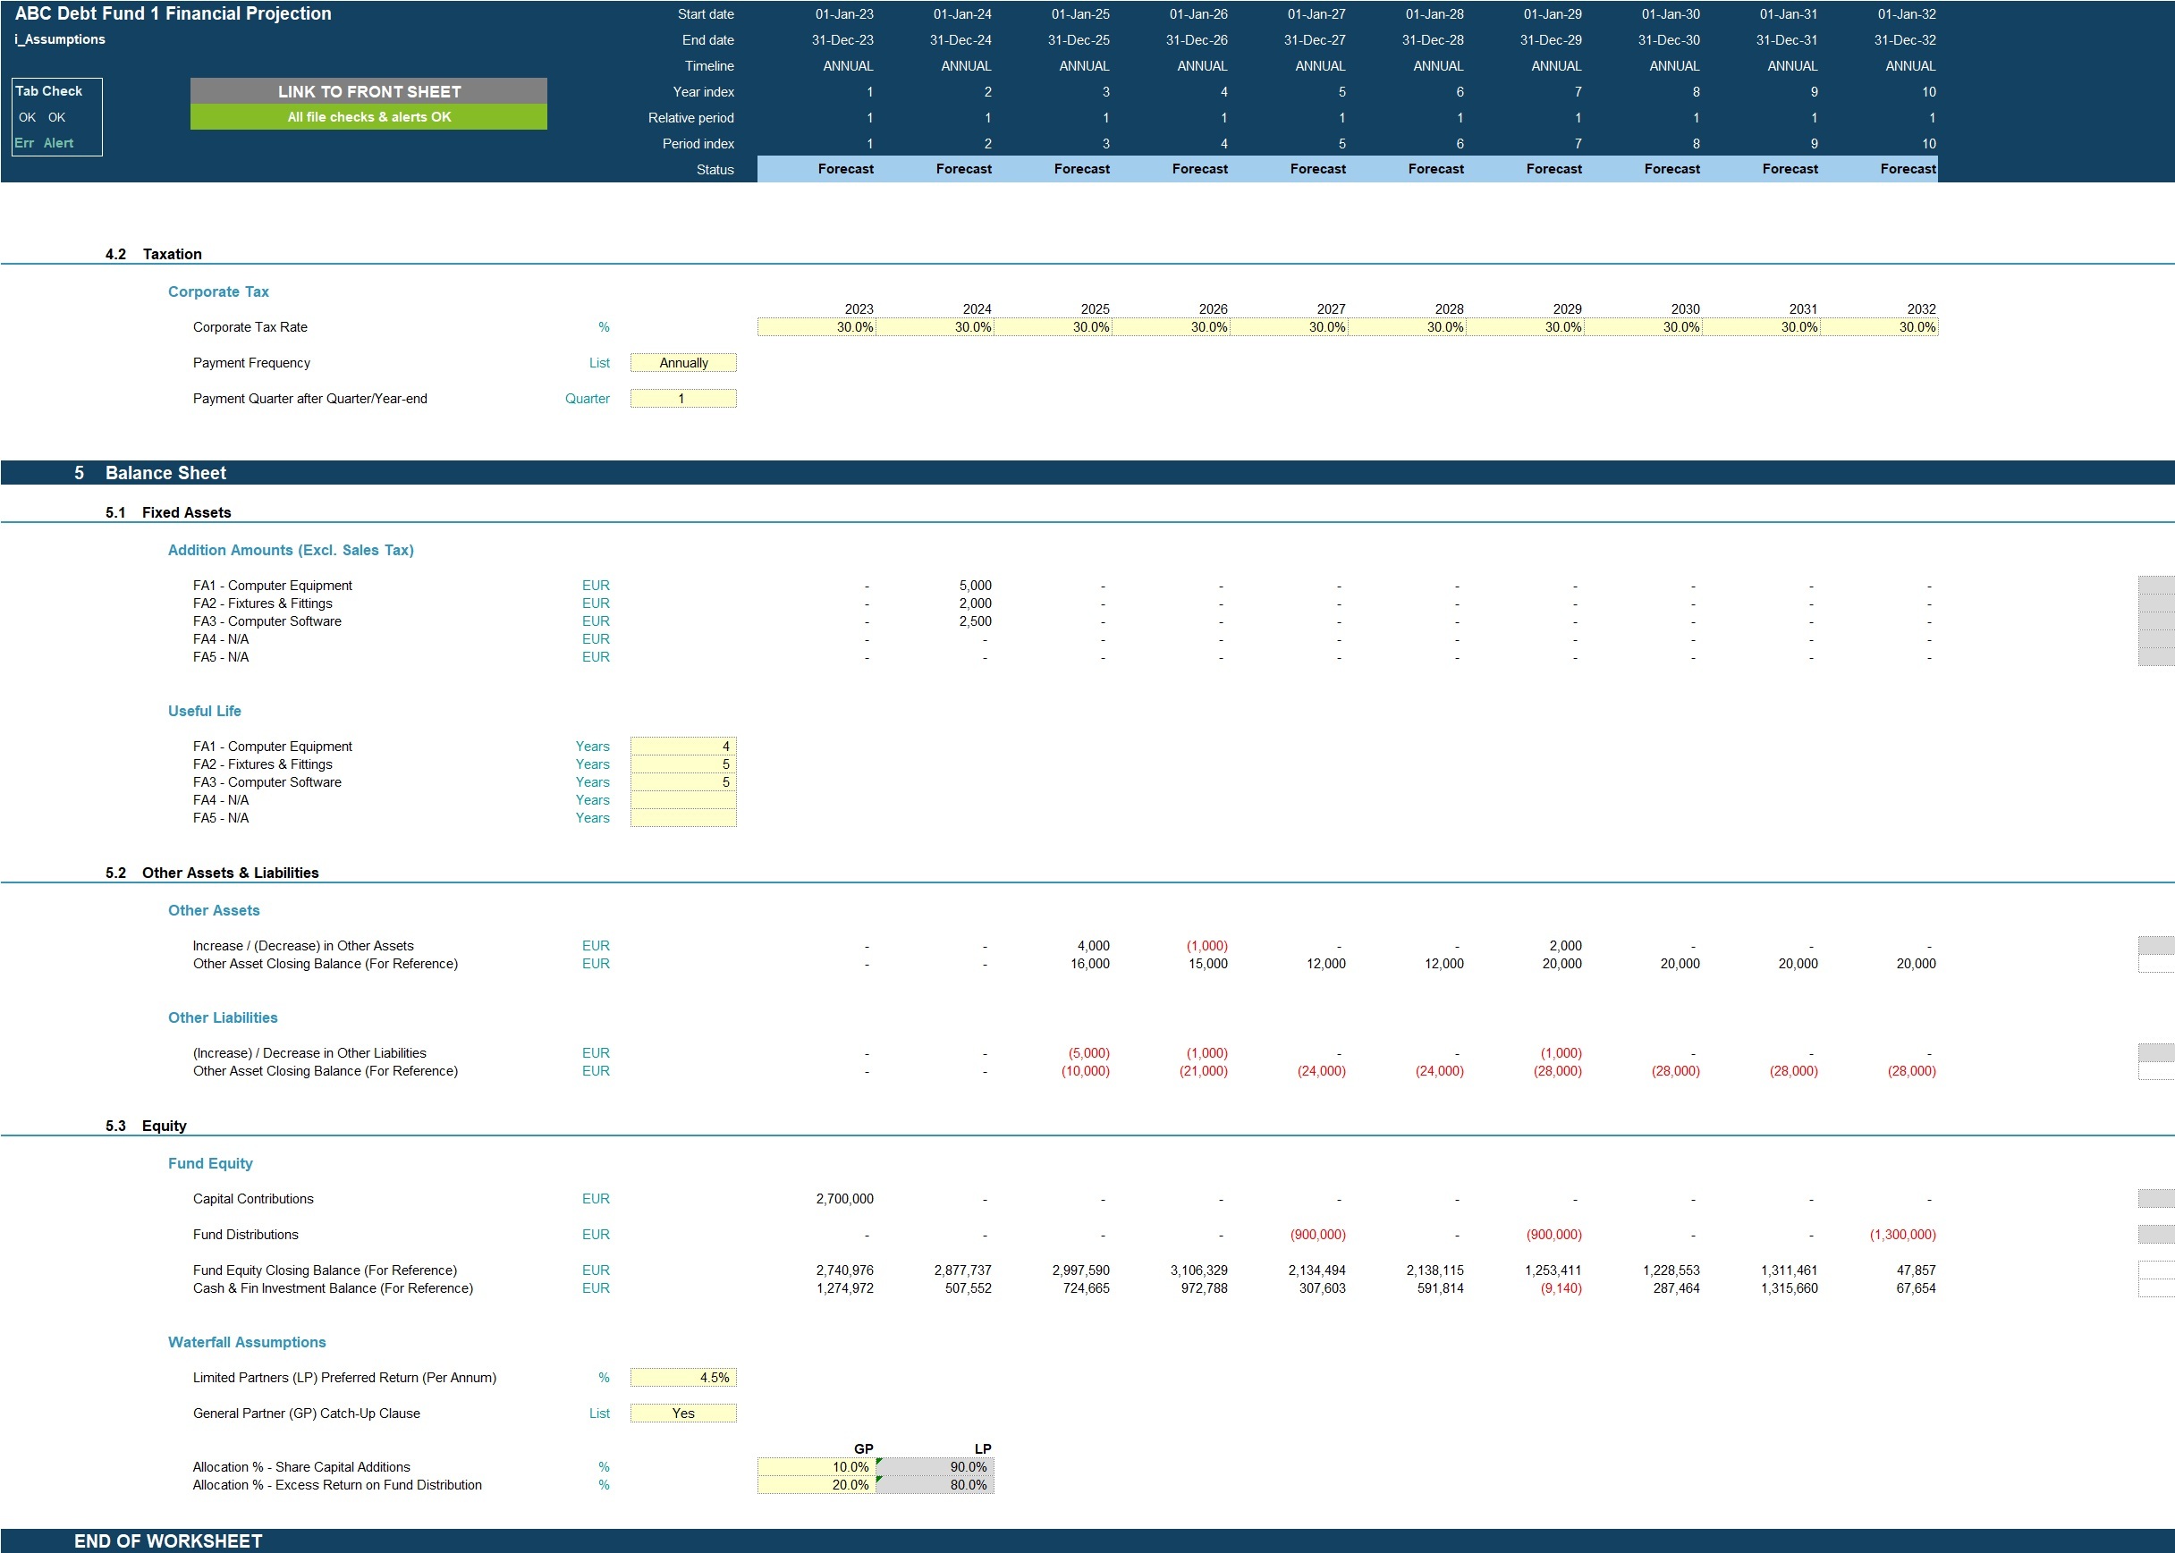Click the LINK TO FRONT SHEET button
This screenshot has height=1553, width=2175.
(x=368, y=91)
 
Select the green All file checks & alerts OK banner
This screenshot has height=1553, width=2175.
(x=368, y=116)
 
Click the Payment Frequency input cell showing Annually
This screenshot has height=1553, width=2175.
(x=683, y=362)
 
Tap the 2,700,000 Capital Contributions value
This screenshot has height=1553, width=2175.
(x=844, y=1198)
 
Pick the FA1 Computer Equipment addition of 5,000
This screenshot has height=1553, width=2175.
(x=975, y=586)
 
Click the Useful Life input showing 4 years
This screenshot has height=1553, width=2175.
(x=683, y=746)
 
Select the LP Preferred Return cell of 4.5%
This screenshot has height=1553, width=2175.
(x=683, y=1377)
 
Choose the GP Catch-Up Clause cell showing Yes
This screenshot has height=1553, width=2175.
(x=683, y=1413)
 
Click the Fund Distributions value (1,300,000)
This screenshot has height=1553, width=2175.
(x=1902, y=1235)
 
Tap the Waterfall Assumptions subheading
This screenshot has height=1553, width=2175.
(x=247, y=1342)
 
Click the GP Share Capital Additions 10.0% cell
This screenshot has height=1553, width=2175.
(x=816, y=1466)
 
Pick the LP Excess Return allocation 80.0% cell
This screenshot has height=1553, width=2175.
(x=935, y=1484)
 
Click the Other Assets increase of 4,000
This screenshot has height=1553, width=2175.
(x=1093, y=946)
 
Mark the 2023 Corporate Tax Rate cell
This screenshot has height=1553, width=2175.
(x=816, y=327)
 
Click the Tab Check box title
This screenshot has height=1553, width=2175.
(x=49, y=91)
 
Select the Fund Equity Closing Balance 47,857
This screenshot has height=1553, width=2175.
(x=1916, y=1270)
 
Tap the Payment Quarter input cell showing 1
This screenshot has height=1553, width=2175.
(x=683, y=398)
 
